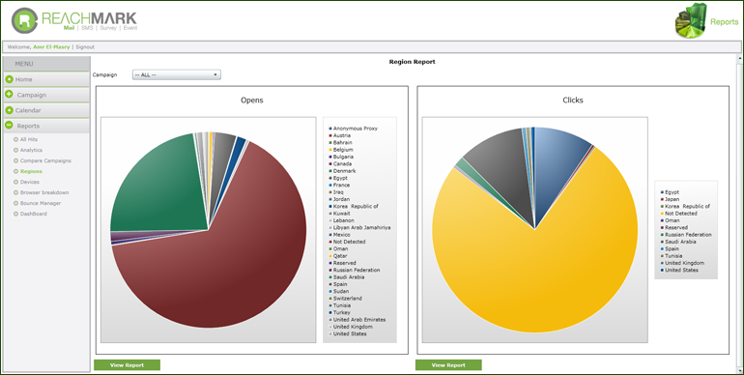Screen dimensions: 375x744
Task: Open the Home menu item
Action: tap(24, 79)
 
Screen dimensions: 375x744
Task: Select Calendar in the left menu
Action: tap(28, 110)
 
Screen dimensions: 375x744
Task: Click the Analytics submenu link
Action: tap(31, 150)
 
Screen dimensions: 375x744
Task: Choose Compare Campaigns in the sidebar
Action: tap(44, 160)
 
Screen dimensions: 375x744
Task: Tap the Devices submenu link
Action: tap(30, 182)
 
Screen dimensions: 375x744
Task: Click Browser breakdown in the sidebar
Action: tap(44, 192)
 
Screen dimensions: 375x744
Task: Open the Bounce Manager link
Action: tap(40, 203)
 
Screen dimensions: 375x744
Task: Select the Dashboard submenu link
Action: tap(33, 214)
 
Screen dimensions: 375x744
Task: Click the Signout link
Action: tap(85, 46)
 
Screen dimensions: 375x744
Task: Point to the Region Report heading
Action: tap(412, 61)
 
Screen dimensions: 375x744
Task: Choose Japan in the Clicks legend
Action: tap(675, 200)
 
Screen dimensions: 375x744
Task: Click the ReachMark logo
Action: tap(77, 19)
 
